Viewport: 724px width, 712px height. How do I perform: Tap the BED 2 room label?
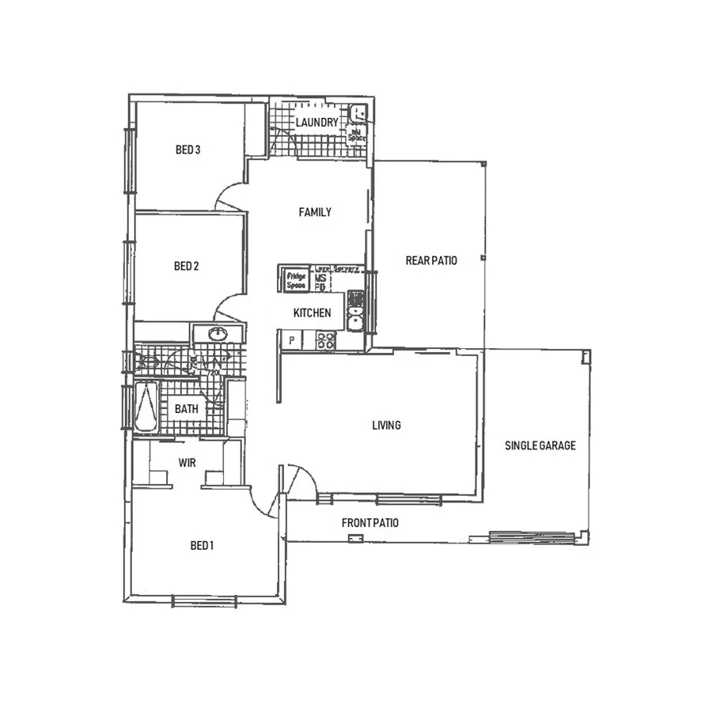pos(186,267)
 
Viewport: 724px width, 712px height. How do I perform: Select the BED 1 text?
pos(202,546)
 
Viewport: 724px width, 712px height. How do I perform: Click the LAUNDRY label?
pos(317,123)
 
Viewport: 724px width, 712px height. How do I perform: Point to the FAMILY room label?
pos(314,212)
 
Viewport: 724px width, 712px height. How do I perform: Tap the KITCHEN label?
pos(312,313)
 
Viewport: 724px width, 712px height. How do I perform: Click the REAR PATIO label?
pos(431,260)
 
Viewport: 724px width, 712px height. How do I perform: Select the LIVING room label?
pos(386,426)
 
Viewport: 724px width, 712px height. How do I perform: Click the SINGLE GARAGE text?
pos(540,445)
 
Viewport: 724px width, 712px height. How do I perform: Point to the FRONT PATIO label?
pos(370,523)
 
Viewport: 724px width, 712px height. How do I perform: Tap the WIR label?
pos(187,463)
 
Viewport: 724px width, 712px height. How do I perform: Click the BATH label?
pos(187,409)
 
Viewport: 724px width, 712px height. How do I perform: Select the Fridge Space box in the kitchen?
pos(296,280)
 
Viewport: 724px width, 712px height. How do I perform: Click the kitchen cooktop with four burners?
pos(325,341)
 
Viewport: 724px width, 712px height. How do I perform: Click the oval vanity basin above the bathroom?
pos(216,335)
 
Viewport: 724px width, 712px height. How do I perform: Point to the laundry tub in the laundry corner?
pos(358,112)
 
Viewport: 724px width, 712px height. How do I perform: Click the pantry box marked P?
pos(292,341)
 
